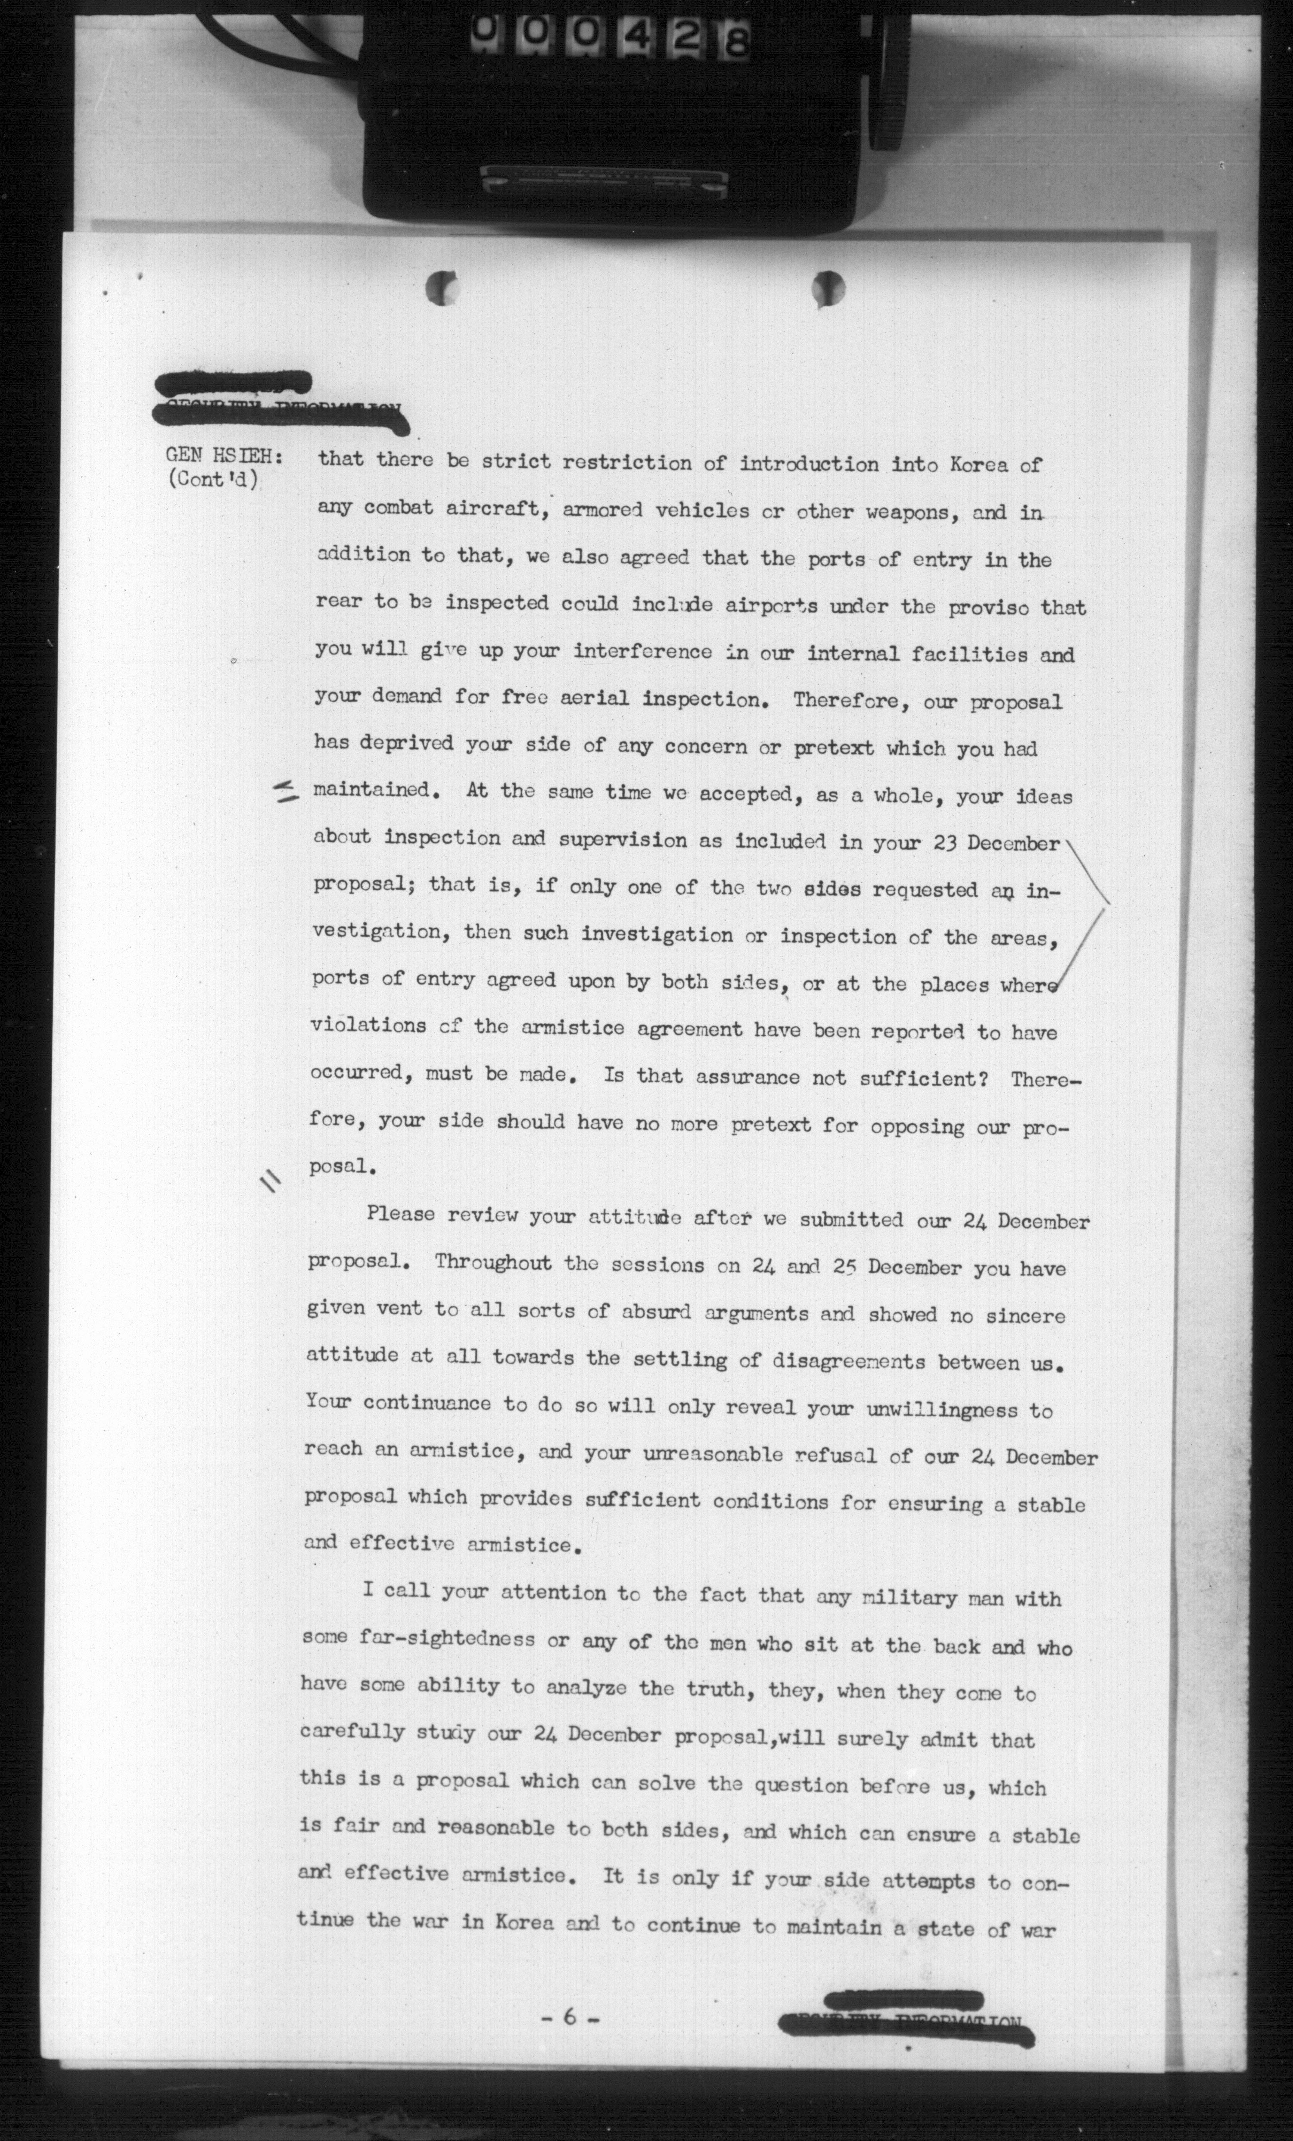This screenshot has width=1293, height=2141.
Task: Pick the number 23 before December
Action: coord(938,844)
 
